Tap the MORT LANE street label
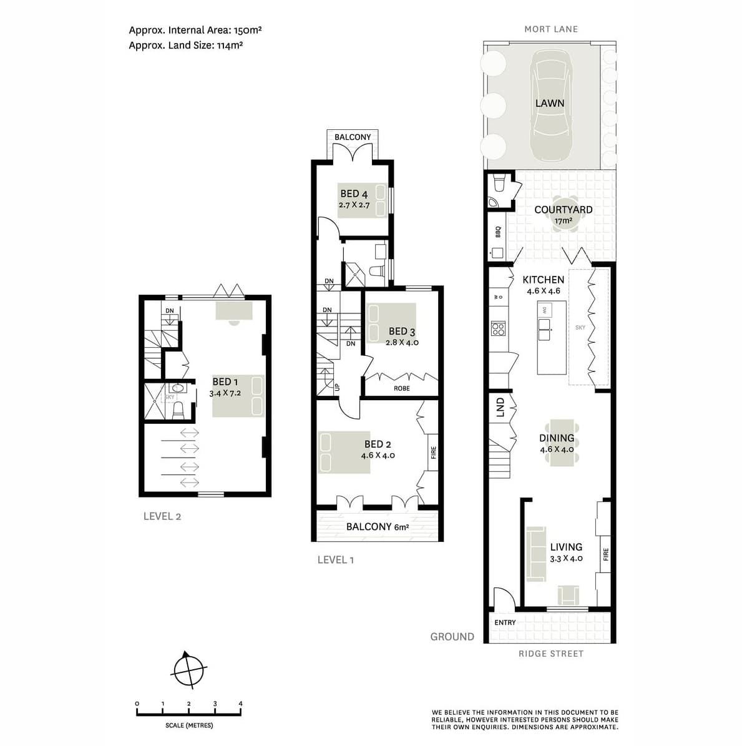click(x=550, y=29)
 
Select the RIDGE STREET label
click(x=550, y=654)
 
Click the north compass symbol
click(x=188, y=670)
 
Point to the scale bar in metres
click(x=188, y=712)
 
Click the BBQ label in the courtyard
click(x=498, y=232)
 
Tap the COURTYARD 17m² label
click(x=563, y=214)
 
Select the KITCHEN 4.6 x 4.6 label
click(x=543, y=285)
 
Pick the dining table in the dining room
click(x=563, y=443)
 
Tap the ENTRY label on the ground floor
click(x=505, y=622)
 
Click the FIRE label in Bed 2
click(x=433, y=453)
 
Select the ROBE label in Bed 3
click(x=402, y=388)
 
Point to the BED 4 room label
click(x=354, y=198)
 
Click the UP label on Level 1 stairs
click(x=338, y=387)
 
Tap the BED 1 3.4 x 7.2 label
click(x=225, y=387)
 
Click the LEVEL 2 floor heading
click(x=162, y=516)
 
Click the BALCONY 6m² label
click(x=378, y=527)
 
